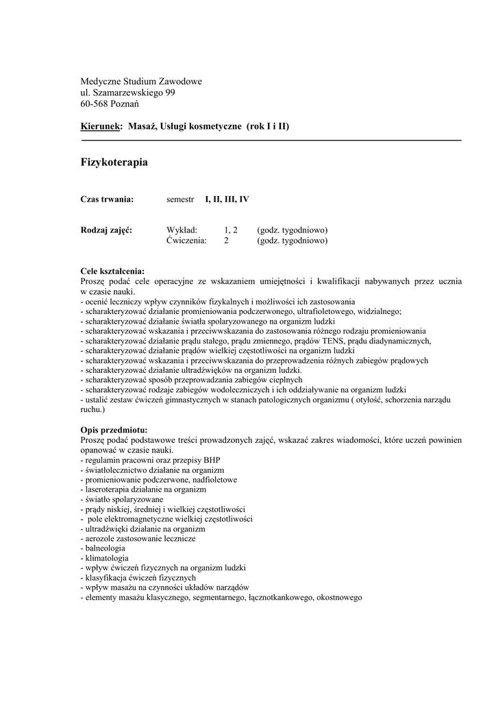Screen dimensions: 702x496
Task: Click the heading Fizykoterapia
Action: coord(114,162)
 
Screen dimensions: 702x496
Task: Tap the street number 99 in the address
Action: coord(171,93)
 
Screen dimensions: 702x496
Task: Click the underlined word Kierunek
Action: coord(101,127)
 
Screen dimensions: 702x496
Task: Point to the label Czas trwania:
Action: coord(106,199)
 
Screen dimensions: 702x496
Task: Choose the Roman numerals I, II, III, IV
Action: coord(227,199)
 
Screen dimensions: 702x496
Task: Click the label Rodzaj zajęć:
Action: coord(106,230)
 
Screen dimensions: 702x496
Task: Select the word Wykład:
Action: coord(182,230)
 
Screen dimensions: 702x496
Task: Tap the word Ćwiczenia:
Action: coord(186,241)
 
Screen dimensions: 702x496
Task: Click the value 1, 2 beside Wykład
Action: coord(231,230)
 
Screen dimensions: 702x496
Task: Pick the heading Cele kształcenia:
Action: coord(112,271)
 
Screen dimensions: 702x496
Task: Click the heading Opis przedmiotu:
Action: coord(114,430)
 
